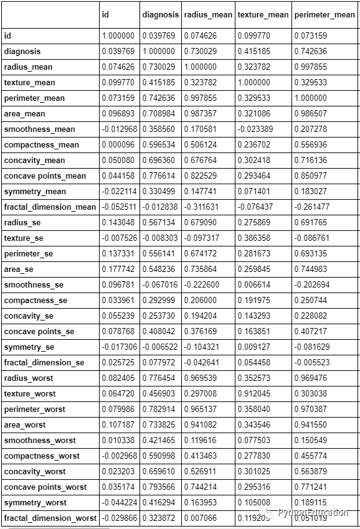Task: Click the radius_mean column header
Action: tap(208, 14)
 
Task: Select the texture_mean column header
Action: tap(262, 14)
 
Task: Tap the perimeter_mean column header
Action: tap(324, 14)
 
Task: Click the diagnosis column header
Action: tap(160, 14)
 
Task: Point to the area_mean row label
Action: tap(24, 114)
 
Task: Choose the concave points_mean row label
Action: tap(45, 176)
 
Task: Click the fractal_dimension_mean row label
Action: tap(50, 207)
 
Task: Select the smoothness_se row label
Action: tap(34, 285)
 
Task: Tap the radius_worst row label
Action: tap(29, 378)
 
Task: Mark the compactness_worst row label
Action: tap(42, 456)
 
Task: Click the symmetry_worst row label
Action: tap(35, 503)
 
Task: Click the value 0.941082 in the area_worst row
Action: tap(201, 425)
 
